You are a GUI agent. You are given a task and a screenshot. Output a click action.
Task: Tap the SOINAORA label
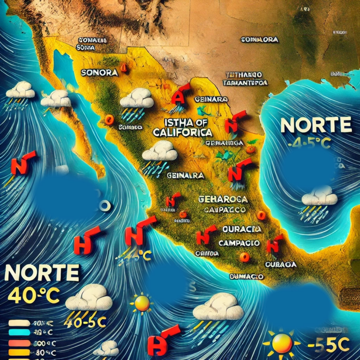pyautogui.click(x=260, y=40)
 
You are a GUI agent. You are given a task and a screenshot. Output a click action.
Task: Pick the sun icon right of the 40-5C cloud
pyautogui.click(x=142, y=303)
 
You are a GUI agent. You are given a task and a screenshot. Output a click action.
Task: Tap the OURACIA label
pyautogui.click(x=241, y=229)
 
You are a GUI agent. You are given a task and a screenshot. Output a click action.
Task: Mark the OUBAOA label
pyautogui.click(x=281, y=264)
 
